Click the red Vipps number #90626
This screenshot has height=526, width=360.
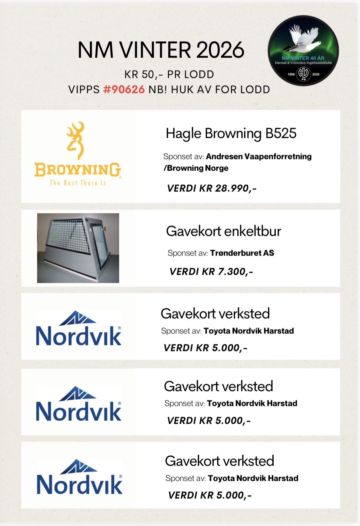[x=124, y=90]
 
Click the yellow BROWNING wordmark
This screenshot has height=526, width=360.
[x=78, y=170]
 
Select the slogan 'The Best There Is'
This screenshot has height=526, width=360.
[x=78, y=183]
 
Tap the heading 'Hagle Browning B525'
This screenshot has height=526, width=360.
[x=231, y=133]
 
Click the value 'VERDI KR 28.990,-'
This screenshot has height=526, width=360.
[x=212, y=188]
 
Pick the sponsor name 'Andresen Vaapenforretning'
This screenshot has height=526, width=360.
[x=258, y=156]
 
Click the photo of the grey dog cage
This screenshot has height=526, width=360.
[x=78, y=248]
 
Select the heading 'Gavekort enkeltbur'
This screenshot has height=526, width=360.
[x=223, y=231]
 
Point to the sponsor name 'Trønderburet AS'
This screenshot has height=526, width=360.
[x=242, y=253]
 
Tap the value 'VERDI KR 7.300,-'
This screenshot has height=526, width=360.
[x=211, y=272]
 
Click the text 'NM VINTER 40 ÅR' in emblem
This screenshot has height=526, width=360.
[x=303, y=58]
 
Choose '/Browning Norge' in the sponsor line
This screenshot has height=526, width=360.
[x=196, y=168]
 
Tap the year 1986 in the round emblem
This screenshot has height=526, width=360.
[x=291, y=74]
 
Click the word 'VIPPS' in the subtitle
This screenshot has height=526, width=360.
[x=84, y=90]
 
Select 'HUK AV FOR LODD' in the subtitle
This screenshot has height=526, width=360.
[x=220, y=90]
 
